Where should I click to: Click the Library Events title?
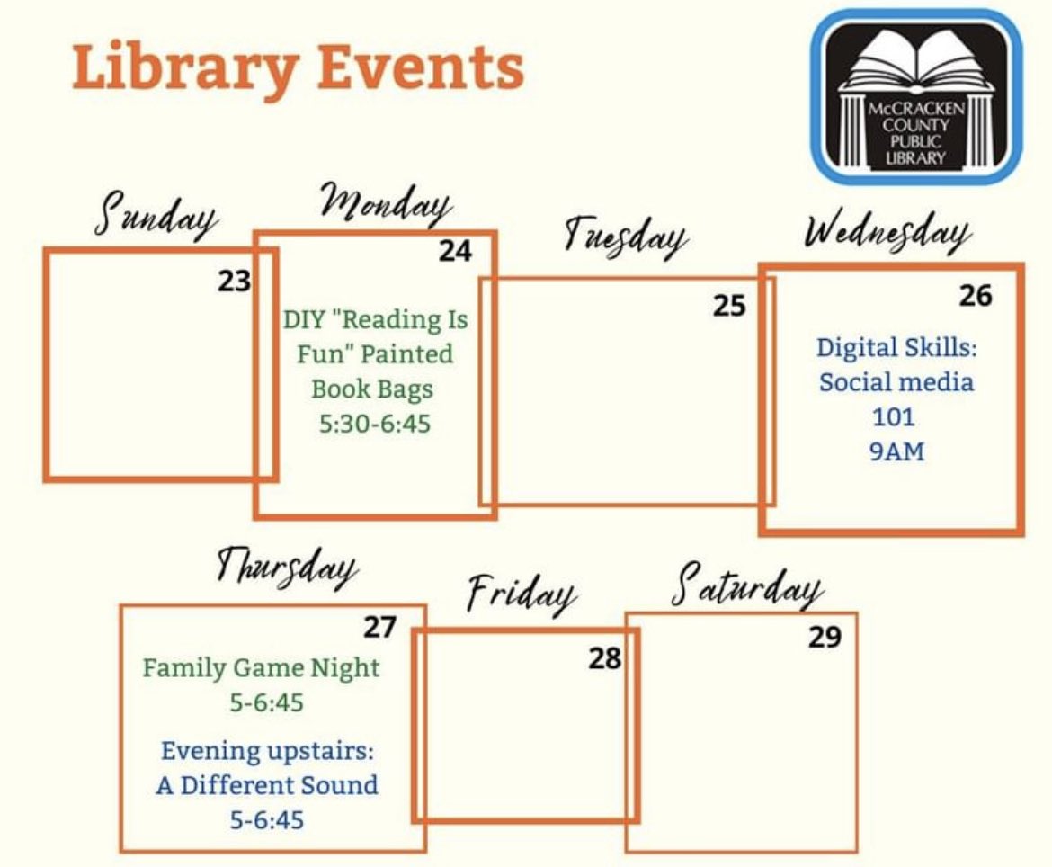[x=298, y=67]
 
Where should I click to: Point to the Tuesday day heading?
[x=625, y=237]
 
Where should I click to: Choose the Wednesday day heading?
[x=887, y=233]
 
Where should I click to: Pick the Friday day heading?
[x=522, y=594]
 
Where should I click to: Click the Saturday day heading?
[x=747, y=585]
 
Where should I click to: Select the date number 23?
[x=234, y=282]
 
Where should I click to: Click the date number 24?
[x=455, y=251]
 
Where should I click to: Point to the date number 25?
[x=729, y=307]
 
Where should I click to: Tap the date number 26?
[x=975, y=295]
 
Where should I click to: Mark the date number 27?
[x=379, y=627]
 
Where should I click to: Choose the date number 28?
[x=605, y=659]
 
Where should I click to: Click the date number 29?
[x=824, y=638]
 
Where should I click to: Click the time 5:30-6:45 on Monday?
[x=375, y=423]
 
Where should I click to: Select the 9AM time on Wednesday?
[x=896, y=451]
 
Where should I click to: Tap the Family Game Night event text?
[x=261, y=668]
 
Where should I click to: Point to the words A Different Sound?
[x=267, y=785]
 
